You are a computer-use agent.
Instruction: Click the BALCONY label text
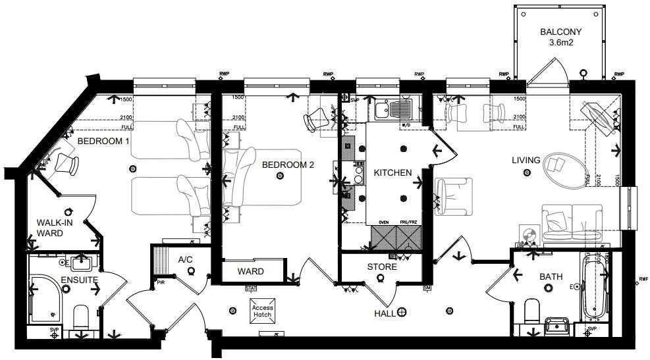pyautogui.click(x=559, y=32)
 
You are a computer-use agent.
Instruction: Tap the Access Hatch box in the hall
pyautogui.click(x=261, y=311)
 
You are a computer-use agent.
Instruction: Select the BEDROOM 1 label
pyautogui.click(x=103, y=141)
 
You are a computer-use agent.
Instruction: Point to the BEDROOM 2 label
pyautogui.click(x=288, y=165)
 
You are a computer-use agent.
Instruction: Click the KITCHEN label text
pyautogui.click(x=393, y=173)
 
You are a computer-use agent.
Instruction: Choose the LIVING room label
pyautogui.click(x=526, y=160)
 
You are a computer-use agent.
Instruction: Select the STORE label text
pyautogui.click(x=382, y=267)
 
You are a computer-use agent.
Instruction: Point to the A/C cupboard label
pyautogui.click(x=185, y=259)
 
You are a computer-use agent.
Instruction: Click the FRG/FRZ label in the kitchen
pyautogui.click(x=408, y=222)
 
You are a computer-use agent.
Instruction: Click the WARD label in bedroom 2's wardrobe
pyautogui.click(x=251, y=271)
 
